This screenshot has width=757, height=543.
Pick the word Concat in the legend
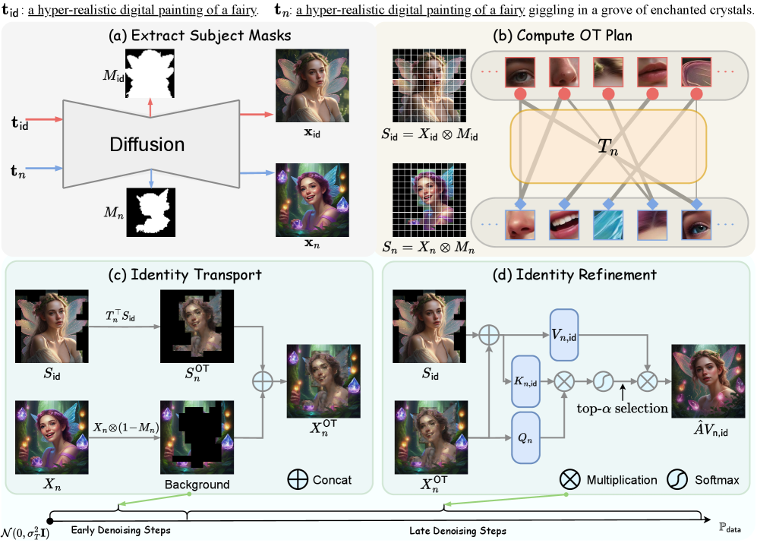(x=332, y=480)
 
